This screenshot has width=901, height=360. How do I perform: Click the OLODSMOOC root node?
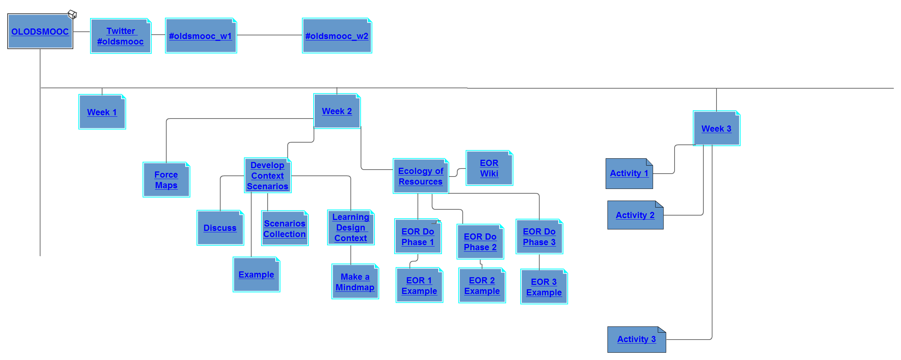click(40, 32)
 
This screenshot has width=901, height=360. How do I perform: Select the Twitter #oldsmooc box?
click(121, 36)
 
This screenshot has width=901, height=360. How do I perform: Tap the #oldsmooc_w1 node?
click(201, 36)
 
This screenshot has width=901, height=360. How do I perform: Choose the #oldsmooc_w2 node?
click(337, 36)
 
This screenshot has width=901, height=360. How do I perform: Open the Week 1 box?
click(102, 112)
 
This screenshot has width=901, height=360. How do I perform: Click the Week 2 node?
click(337, 111)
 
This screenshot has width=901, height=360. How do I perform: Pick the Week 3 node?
click(716, 128)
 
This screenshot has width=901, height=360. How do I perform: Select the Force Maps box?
click(166, 180)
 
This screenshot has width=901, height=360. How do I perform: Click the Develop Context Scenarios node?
click(268, 175)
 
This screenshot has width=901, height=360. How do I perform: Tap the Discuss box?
click(220, 228)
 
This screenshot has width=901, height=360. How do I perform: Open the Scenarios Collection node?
click(285, 229)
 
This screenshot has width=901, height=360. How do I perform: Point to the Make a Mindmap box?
click(355, 282)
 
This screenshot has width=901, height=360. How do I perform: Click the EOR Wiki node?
click(489, 168)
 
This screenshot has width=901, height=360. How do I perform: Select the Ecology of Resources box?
click(421, 176)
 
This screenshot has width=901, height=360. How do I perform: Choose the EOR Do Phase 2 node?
click(480, 242)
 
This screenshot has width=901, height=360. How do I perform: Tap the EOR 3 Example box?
click(544, 287)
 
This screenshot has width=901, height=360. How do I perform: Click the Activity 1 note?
click(629, 174)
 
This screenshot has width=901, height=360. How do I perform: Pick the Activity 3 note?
click(637, 340)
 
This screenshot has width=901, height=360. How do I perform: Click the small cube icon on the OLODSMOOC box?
click(73, 15)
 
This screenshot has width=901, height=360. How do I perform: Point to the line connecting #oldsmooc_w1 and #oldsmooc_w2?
click(269, 35)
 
